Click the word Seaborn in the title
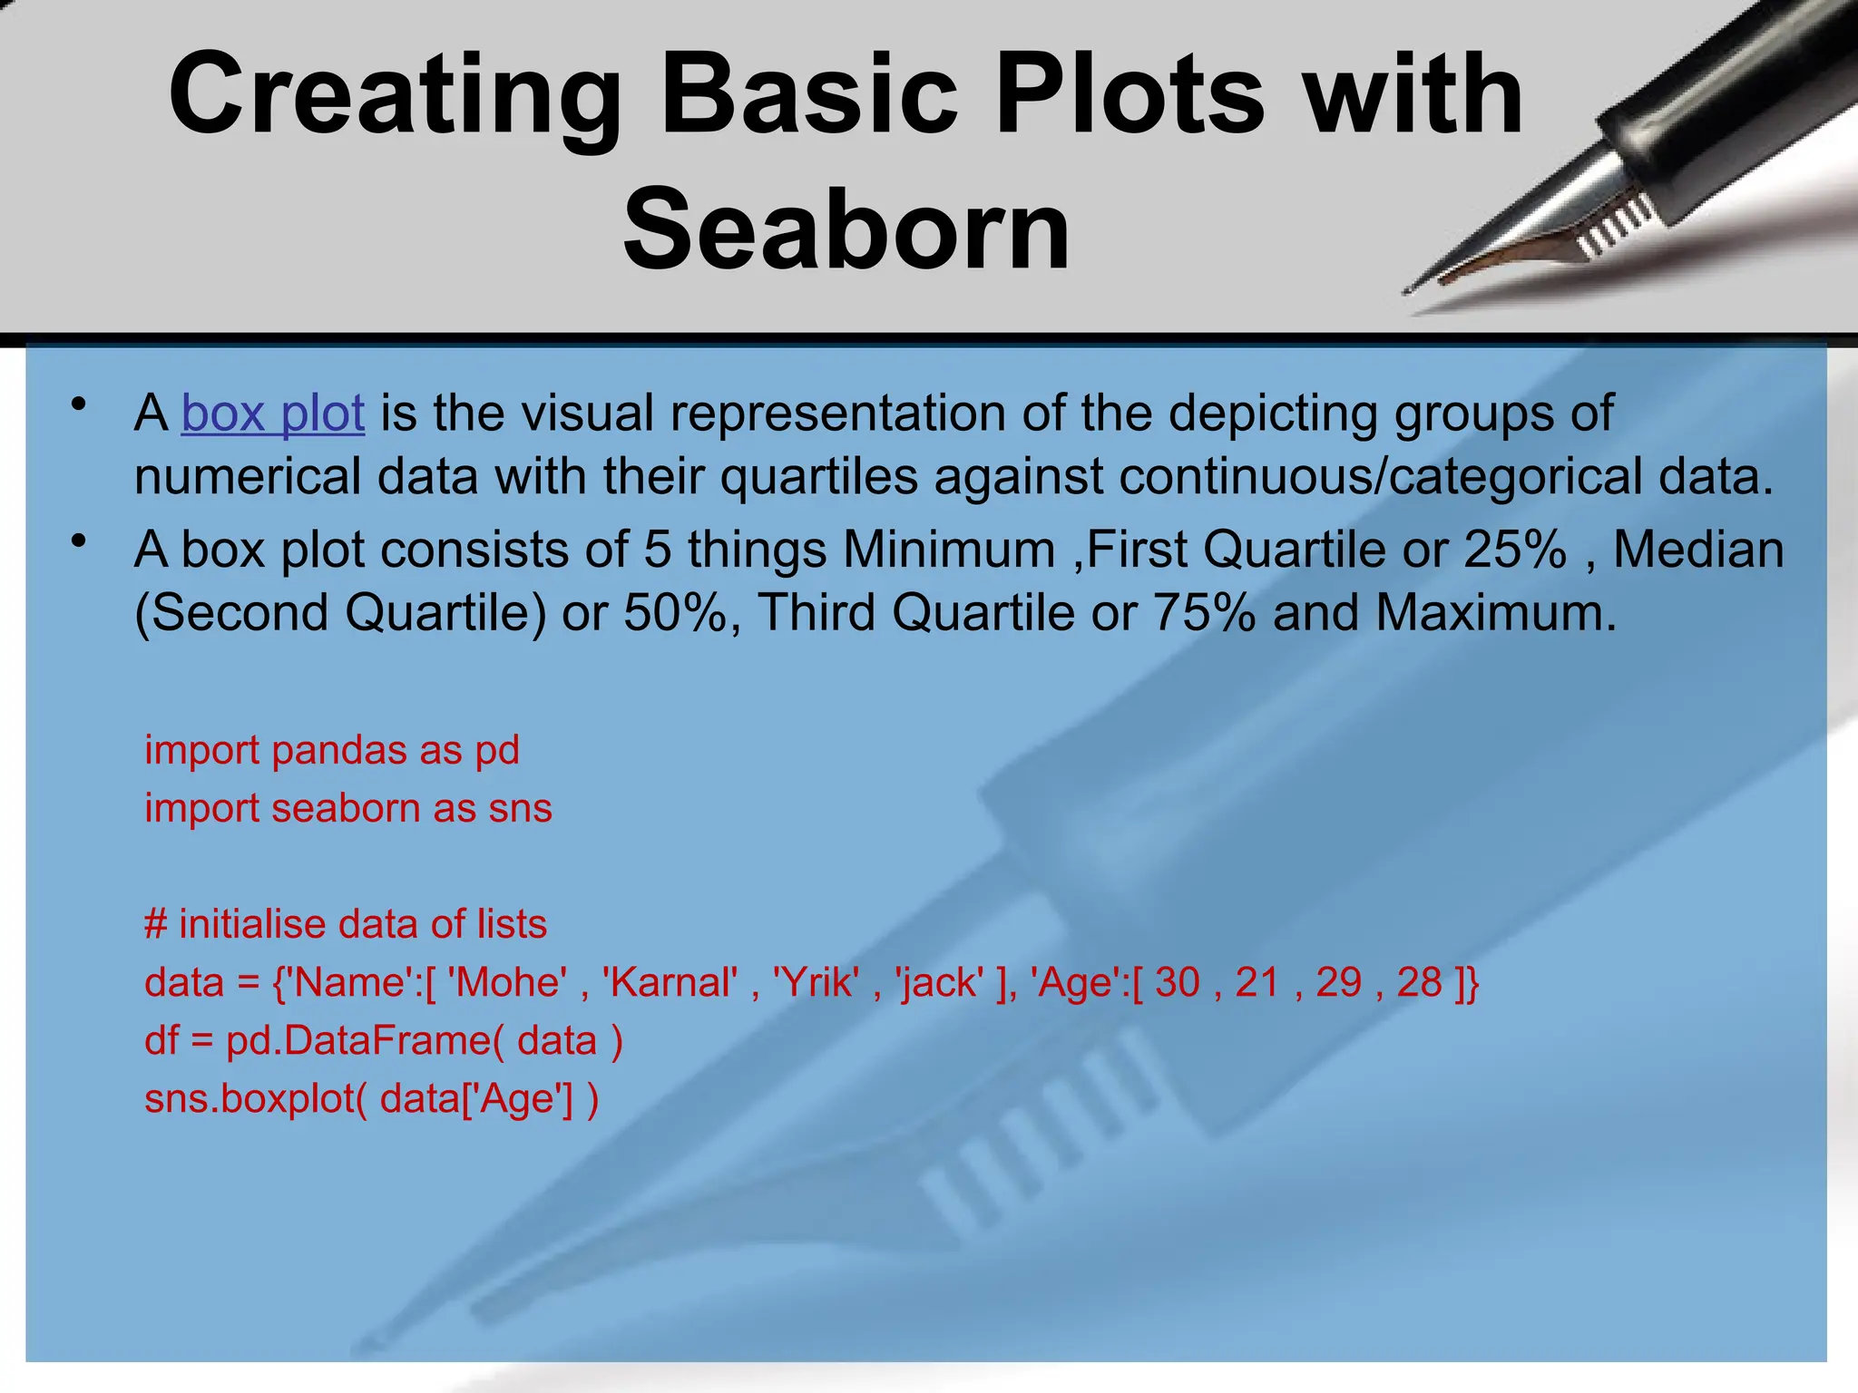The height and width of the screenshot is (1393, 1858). [x=846, y=229]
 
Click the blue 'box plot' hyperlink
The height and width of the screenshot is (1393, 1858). [x=273, y=414]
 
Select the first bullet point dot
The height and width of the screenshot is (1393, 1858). [x=80, y=404]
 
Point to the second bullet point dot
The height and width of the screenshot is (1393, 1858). [x=80, y=541]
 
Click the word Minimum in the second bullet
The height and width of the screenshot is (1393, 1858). [x=949, y=550]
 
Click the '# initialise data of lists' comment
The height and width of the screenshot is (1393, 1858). [x=346, y=924]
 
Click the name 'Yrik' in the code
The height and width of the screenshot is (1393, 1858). [x=816, y=983]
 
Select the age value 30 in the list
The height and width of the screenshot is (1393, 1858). [x=1177, y=983]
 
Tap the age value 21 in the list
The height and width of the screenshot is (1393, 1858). [x=1257, y=983]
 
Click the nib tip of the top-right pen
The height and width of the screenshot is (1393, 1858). [x=1409, y=291]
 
